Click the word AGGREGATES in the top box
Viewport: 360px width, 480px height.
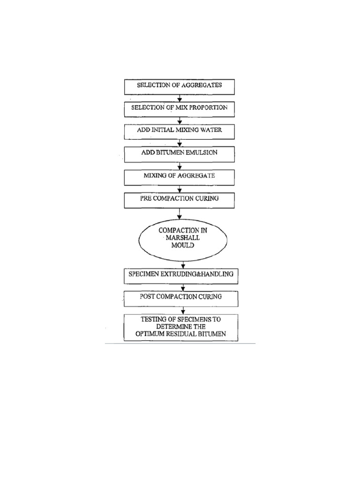202,85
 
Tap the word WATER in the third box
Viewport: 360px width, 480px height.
211,130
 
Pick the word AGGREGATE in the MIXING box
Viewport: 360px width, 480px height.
196,175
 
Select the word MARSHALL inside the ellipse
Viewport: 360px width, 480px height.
183,238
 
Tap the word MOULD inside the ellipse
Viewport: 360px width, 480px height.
183,245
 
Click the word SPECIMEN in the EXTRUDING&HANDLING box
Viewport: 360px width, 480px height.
144,274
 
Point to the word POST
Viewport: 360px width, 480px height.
147,297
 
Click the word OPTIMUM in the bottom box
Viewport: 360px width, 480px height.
150,334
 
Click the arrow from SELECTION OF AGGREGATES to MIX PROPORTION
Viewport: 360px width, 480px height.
180,98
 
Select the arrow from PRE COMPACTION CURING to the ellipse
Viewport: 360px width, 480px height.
180,214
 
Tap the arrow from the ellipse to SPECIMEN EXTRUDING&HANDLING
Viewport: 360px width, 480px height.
183,265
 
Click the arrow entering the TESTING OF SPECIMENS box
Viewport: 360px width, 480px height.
183,310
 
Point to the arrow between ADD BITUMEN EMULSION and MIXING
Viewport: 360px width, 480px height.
180,166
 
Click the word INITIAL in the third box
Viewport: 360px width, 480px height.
163,130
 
